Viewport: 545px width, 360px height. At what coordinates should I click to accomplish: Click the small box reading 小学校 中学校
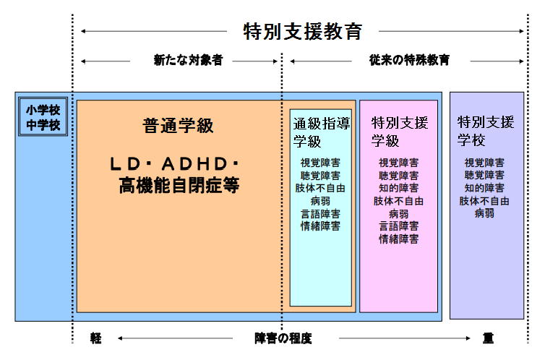point(43,117)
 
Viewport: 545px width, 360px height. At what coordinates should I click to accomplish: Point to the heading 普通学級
point(178,126)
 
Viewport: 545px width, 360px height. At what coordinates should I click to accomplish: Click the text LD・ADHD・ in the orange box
point(178,164)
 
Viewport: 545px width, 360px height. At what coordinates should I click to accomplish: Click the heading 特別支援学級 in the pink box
point(400,130)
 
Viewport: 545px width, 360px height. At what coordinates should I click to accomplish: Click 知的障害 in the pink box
point(398,188)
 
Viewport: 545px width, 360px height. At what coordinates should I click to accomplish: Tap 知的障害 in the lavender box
point(484,188)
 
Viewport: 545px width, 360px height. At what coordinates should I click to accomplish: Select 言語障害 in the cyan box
point(320,214)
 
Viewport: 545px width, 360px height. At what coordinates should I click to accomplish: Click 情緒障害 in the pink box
point(398,239)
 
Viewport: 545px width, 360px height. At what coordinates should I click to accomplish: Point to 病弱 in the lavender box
point(484,214)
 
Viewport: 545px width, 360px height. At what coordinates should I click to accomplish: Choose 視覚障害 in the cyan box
point(320,163)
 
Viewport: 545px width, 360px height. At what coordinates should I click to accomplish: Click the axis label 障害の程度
point(283,338)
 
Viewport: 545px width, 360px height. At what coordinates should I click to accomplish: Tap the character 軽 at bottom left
point(96,338)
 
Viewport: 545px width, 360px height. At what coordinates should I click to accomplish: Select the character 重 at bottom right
point(488,338)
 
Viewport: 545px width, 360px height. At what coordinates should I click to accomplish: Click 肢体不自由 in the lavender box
point(484,201)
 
